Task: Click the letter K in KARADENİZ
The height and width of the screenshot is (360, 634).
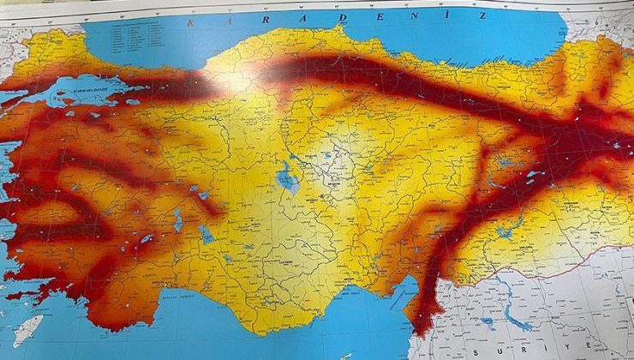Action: pos(190,22)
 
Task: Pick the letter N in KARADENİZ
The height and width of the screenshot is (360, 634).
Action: pos(400,17)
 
